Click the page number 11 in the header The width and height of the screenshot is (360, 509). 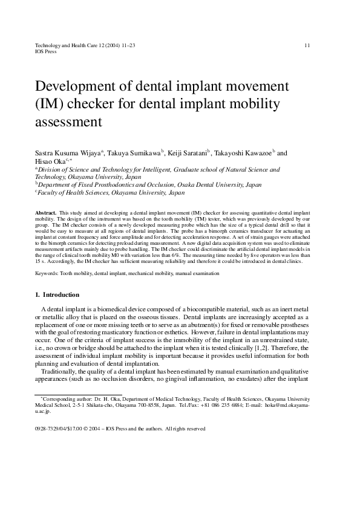(307, 45)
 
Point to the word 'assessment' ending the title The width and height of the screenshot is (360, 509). (68, 122)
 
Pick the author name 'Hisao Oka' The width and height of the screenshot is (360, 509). (51, 162)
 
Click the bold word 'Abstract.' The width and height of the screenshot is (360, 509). (46, 214)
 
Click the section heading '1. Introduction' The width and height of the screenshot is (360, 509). (57, 295)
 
